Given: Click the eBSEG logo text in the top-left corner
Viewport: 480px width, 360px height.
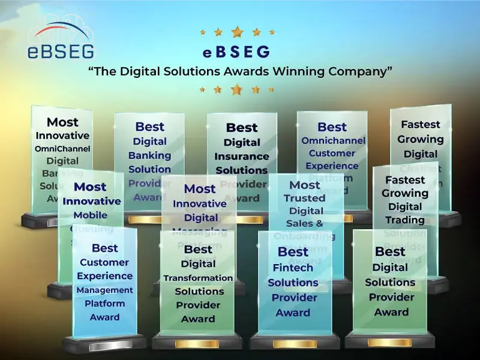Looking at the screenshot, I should (61, 50).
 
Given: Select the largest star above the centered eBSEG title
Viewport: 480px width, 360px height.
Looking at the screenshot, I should (237, 32).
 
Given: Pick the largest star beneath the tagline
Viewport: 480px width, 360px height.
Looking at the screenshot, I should (237, 89).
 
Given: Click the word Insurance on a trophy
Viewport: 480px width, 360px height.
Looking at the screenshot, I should (242, 156).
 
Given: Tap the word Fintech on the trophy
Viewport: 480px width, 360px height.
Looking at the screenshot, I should (293, 268).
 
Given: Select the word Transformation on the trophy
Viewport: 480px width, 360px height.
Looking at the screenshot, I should (198, 278).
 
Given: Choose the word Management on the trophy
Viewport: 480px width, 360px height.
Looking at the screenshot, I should (104, 290).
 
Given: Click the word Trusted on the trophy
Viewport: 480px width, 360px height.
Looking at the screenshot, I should (305, 198).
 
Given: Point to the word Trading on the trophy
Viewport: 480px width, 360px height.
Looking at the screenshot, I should (405, 220).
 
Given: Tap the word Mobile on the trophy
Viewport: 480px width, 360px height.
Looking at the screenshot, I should (91, 215).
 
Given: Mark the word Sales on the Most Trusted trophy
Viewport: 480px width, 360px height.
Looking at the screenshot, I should (298, 224).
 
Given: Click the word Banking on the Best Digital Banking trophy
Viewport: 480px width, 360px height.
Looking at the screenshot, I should (149, 155).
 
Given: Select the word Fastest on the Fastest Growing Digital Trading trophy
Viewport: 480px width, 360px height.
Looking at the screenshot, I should (405, 180).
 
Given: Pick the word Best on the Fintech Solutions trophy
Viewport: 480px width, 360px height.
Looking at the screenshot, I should (293, 252).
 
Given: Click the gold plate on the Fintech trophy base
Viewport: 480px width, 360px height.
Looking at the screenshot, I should (295, 344).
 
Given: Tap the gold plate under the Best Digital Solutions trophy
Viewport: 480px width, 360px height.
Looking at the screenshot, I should (389, 343).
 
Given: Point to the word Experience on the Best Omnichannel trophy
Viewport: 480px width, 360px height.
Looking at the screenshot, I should (332, 166).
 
